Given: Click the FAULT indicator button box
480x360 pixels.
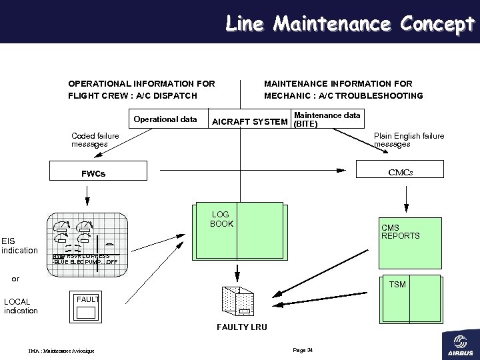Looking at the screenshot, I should (87, 307).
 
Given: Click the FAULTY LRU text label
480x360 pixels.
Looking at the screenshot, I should (241, 327).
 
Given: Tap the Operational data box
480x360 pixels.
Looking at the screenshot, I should (165, 119).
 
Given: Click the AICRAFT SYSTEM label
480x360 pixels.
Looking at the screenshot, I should (249, 122).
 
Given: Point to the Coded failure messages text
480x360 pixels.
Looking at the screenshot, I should (95, 140).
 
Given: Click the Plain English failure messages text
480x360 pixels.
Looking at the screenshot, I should (409, 140).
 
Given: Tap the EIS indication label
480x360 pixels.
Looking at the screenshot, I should (19, 245).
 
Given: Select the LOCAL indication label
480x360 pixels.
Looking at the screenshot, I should (21, 306).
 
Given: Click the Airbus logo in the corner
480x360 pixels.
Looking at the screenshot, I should (459, 344).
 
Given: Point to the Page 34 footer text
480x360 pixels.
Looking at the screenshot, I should (303, 350).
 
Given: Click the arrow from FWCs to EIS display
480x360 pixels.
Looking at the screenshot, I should (86, 195).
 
